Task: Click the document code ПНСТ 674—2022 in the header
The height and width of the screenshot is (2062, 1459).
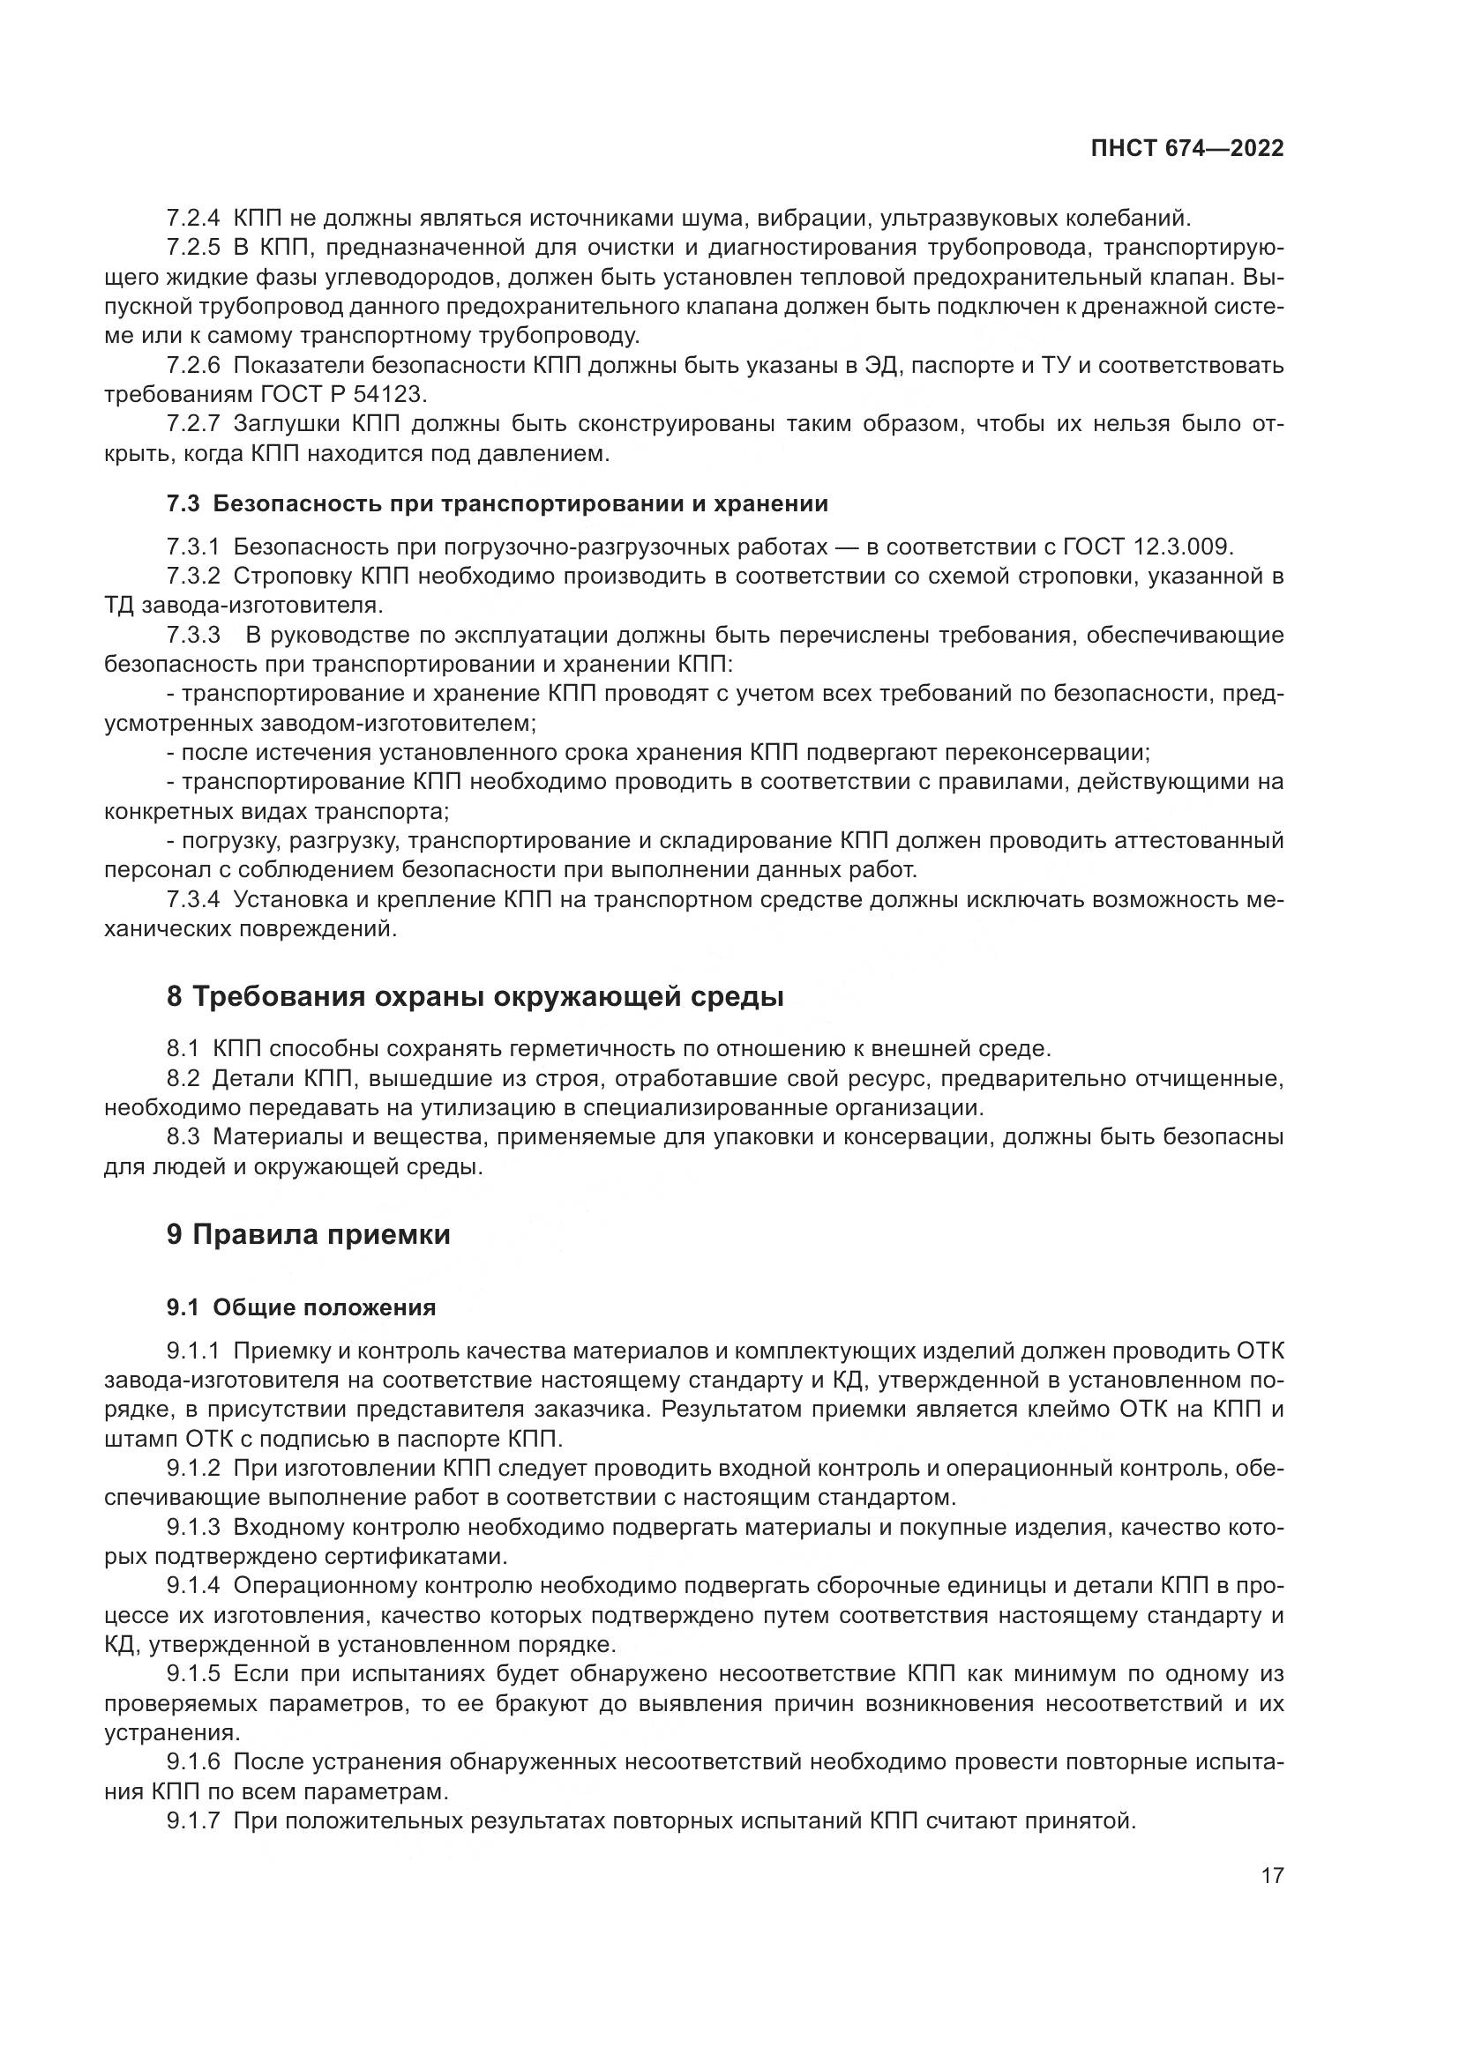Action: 1186,148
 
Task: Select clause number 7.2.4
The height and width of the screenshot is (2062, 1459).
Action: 193,219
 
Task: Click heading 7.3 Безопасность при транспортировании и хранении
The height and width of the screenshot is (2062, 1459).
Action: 497,504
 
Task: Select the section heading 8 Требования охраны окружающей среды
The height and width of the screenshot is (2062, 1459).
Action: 475,997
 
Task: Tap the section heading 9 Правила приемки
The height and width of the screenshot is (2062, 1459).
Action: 308,1235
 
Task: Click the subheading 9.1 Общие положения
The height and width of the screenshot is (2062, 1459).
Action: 301,1307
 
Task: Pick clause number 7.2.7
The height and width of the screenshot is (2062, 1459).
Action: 193,424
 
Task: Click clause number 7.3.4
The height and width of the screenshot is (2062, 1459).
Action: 193,900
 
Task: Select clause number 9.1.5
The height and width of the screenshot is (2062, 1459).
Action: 193,1674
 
